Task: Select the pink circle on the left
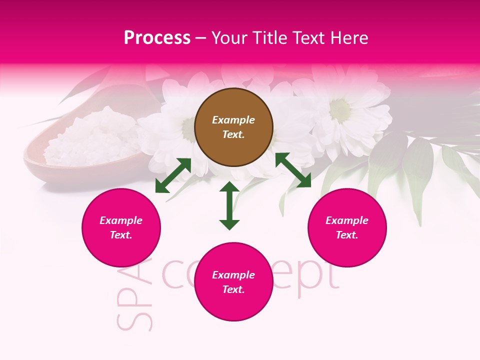[121, 228]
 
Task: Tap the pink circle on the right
[347, 228]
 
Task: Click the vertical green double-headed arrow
[229, 205]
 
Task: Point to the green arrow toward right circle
[293, 170]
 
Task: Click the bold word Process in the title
[157, 38]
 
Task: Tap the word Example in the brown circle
[233, 120]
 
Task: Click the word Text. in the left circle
[121, 235]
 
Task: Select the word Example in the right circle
[347, 220]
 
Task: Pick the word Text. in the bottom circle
[233, 289]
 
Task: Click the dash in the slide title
[201, 38]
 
